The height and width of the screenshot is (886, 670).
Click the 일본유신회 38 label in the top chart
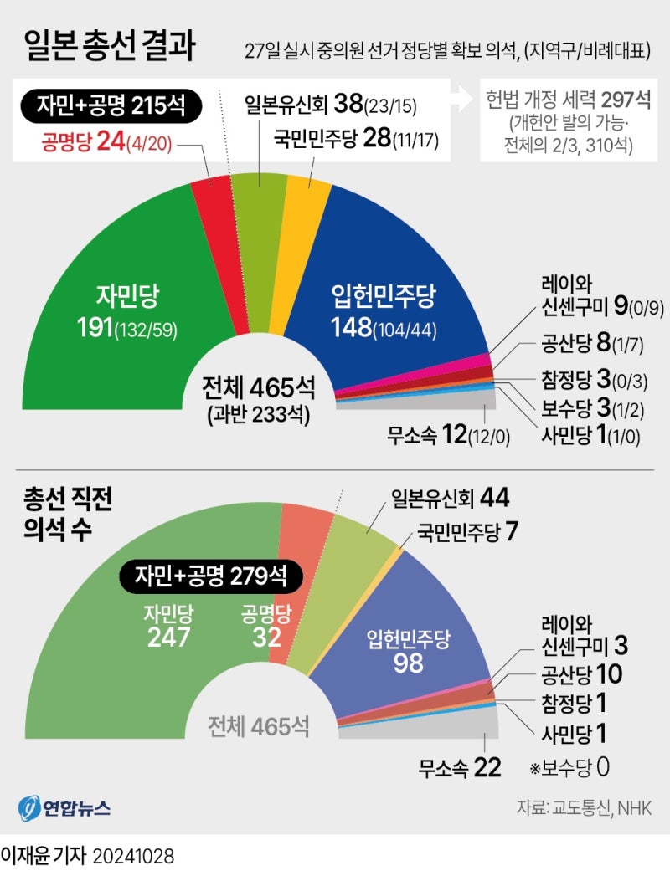point(330,105)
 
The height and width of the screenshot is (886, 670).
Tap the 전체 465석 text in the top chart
point(258,388)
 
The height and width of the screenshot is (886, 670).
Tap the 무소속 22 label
point(460,766)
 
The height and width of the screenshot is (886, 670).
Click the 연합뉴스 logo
point(64,809)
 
